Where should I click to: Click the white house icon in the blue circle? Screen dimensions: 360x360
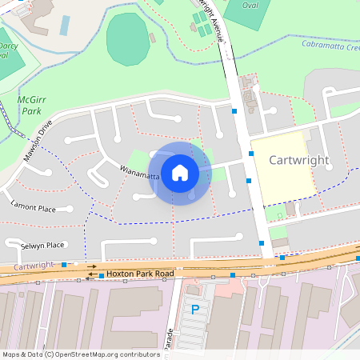(180, 173)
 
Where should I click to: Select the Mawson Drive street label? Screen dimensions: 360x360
(37, 141)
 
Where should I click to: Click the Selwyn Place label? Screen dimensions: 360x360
(42, 245)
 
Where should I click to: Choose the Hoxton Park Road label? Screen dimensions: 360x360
(140, 274)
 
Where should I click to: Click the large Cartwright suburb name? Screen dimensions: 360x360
(299, 160)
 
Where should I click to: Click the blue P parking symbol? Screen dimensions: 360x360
(194, 310)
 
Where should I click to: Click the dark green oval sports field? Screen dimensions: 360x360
(128, 39)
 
